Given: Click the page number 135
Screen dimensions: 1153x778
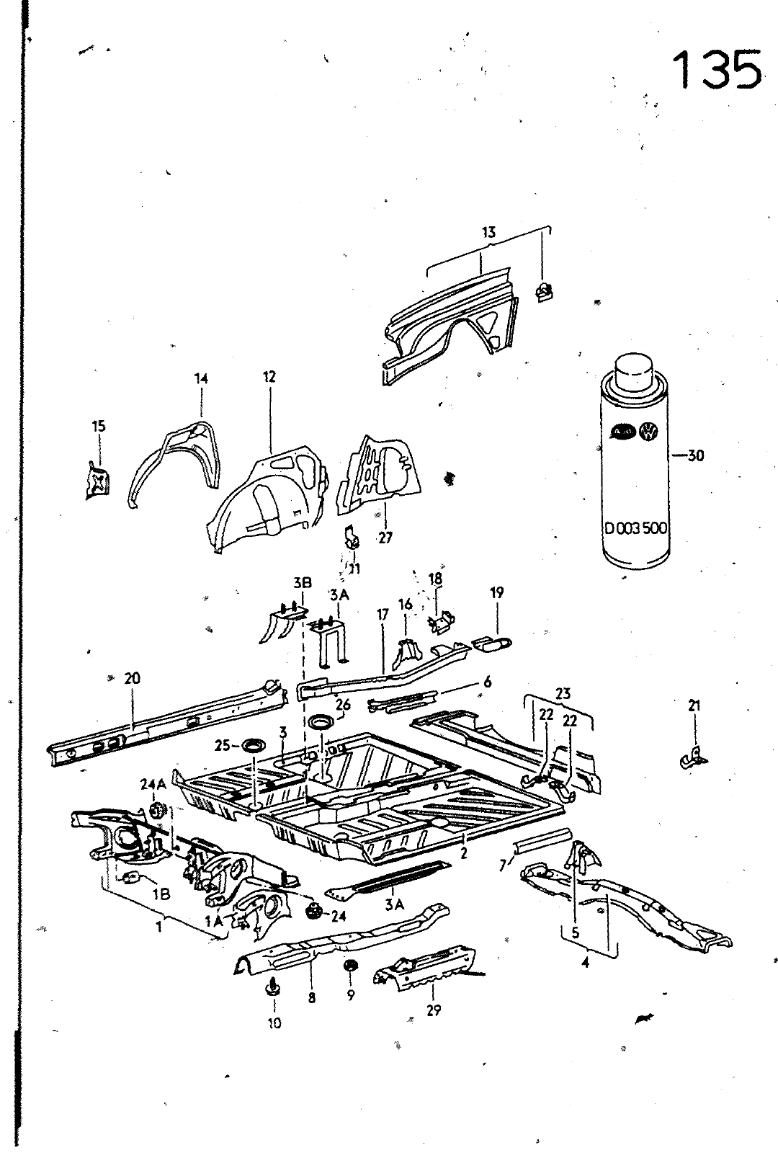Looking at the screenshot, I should (x=717, y=69).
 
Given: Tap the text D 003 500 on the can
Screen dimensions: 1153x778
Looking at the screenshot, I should (x=636, y=528).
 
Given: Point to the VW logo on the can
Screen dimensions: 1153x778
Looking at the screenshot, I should (x=650, y=432).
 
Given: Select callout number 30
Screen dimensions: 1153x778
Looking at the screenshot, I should (x=695, y=455).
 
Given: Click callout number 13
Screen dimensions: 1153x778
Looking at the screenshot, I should (x=489, y=232).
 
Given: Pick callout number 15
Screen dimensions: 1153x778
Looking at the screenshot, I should (x=99, y=426).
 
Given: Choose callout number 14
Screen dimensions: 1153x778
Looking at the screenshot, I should (x=200, y=378).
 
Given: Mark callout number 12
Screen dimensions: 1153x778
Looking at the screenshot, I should (x=269, y=377).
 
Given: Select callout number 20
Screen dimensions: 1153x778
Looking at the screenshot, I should (x=132, y=678).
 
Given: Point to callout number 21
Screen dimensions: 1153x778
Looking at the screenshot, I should (x=694, y=706).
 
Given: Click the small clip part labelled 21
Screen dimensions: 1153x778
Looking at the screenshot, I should (x=692, y=756).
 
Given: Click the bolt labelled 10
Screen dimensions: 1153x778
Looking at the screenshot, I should (x=274, y=987).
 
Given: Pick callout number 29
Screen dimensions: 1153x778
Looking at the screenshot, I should (x=433, y=1010).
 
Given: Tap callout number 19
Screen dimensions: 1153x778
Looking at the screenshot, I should (x=497, y=593).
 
